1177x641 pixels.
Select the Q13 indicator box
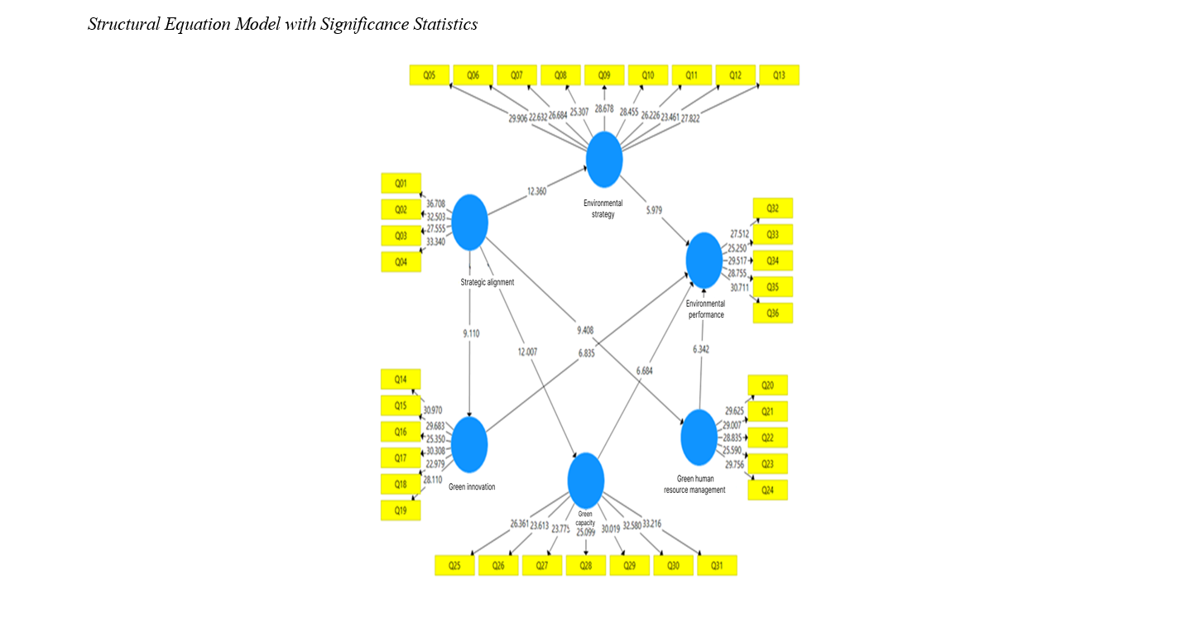pyautogui.click(x=779, y=75)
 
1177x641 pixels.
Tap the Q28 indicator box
pyautogui.click(x=586, y=566)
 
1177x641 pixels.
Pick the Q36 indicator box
pyautogui.click(x=772, y=313)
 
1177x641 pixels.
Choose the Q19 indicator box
pyautogui.click(x=401, y=511)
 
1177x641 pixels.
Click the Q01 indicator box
pyautogui.click(x=401, y=183)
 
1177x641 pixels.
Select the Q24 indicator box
pyautogui.click(x=767, y=490)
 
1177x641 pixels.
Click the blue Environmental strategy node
pyautogui.click(x=604, y=159)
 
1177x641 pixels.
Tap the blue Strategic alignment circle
pyautogui.click(x=470, y=222)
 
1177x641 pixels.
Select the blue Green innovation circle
pyautogui.click(x=470, y=444)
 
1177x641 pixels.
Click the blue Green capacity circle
pyautogui.click(x=586, y=481)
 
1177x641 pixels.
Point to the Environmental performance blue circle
pyautogui.click(x=704, y=261)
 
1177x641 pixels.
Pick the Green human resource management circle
pyautogui.click(x=699, y=438)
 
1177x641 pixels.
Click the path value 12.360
pyautogui.click(x=536, y=192)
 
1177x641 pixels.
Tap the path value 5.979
pyautogui.click(x=658, y=210)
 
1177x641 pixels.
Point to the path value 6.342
pyautogui.click(x=700, y=350)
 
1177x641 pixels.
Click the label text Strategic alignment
pyautogui.click(x=487, y=282)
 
